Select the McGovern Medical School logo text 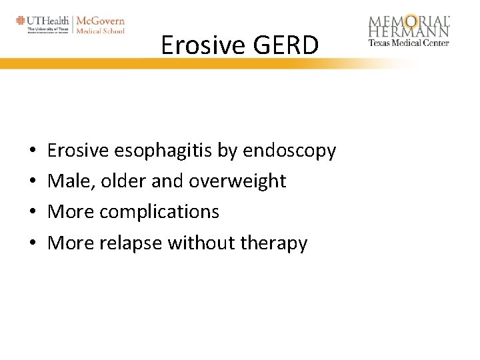pyautogui.click(x=100, y=25)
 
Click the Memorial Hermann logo pyautogui.click(x=409, y=26)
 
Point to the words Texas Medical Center pyautogui.click(x=409, y=43)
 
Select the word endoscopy pyautogui.click(x=289, y=151)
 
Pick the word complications pyautogui.click(x=159, y=212)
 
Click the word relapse pyautogui.click(x=131, y=243)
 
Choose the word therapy pyautogui.click(x=274, y=243)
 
